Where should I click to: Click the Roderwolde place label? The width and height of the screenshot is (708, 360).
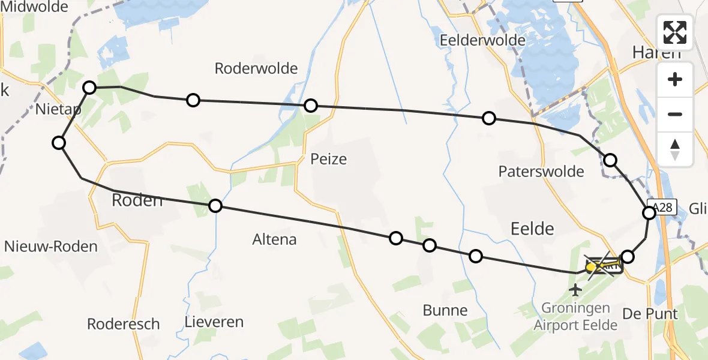pyautogui.click(x=256, y=68)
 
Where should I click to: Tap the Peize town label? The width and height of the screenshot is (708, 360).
pyautogui.click(x=329, y=160)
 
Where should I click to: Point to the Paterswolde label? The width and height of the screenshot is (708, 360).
pyautogui.click(x=541, y=172)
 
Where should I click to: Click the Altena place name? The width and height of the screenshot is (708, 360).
pyautogui.click(x=275, y=239)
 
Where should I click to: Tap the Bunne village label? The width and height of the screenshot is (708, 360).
pyautogui.click(x=445, y=310)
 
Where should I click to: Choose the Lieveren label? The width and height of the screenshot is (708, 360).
pyautogui.click(x=215, y=322)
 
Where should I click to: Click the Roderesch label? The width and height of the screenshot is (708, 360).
pyautogui.click(x=124, y=324)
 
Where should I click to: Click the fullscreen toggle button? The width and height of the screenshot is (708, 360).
pyautogui.click(x=675, y=32)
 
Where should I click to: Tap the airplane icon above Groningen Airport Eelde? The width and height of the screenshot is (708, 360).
pyautogui.click(x=576, y=291)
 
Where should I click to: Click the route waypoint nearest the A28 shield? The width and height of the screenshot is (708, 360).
pyautogui.click(x=649, y=213)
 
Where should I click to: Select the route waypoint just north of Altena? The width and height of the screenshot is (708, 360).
pyautogui.click(x=215, y=206)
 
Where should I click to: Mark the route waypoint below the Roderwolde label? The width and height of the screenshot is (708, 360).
pyautogui.click(x=193, y=100)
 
